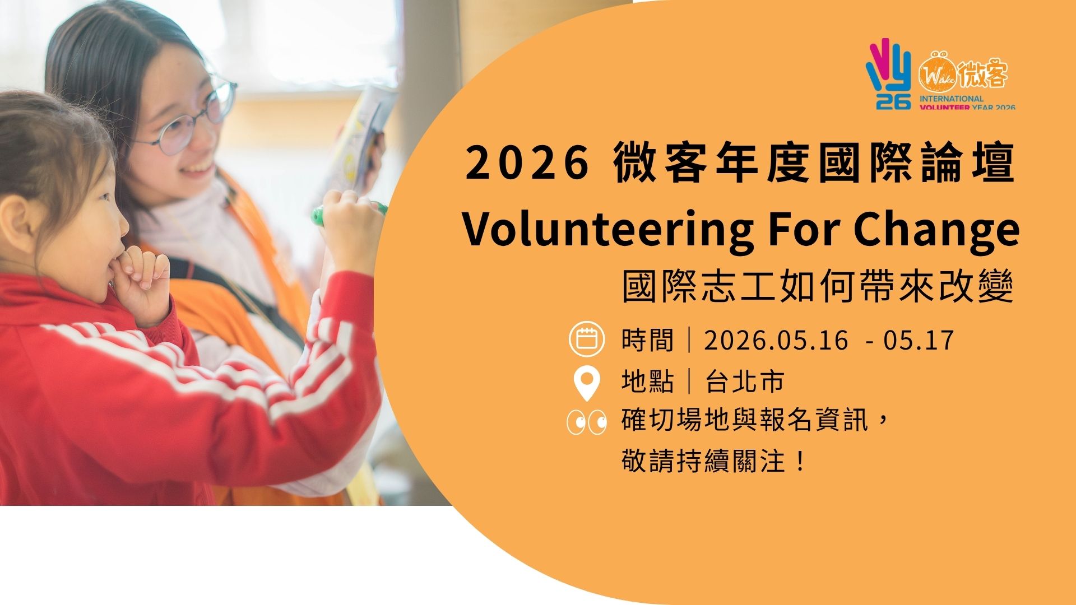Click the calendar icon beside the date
point(587,339)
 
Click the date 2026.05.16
point(776,341)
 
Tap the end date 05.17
point(919,341)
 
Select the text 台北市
point(745,381)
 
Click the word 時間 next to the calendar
point(647,341)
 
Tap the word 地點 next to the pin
point(647,381)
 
